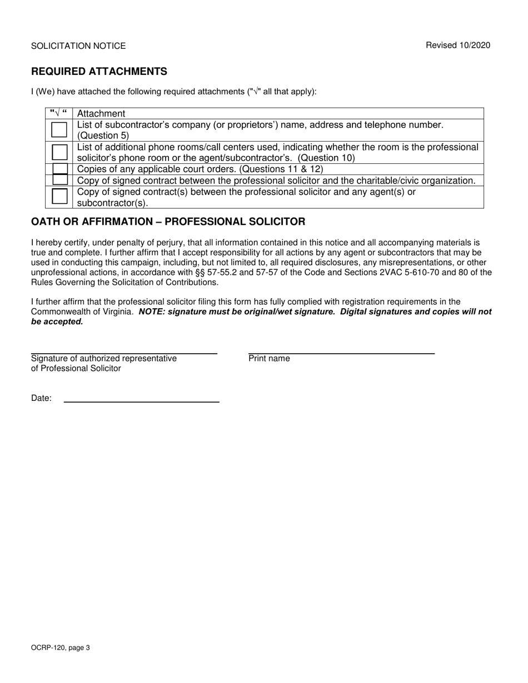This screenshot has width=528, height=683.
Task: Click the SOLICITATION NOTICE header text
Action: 78,46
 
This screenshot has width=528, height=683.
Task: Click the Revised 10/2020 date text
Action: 458,46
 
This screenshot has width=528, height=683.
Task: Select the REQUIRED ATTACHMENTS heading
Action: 99,72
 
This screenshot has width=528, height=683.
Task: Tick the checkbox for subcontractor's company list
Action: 59,130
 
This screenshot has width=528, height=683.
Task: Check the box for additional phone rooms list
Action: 59,152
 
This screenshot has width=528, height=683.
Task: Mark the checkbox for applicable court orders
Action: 59,169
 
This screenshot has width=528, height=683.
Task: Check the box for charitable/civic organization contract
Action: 59,180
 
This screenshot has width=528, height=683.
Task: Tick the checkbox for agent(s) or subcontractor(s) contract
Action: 59,197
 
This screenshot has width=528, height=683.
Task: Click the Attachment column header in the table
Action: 101,113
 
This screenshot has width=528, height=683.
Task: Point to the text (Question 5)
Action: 103,135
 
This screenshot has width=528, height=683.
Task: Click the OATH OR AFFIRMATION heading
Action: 168,222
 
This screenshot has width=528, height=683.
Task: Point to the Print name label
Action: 269,359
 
